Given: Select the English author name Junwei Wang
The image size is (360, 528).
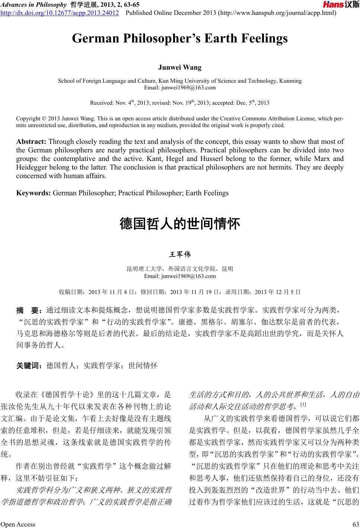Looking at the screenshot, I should (x=180, y=67).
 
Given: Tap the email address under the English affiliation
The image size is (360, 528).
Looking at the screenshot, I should (x=180, y=88).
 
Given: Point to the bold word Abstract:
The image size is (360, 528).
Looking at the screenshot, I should (x=31, y=142).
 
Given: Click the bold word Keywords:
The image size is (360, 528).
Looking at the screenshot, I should (x=34, y=193).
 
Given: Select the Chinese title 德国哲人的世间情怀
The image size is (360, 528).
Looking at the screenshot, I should (x=180, y=224).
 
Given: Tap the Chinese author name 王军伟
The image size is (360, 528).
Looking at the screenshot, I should (x=180, y=255).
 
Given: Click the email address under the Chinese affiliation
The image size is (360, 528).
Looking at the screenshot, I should (x=180, y=276).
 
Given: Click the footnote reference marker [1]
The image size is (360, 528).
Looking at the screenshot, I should (x=303, y=404).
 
